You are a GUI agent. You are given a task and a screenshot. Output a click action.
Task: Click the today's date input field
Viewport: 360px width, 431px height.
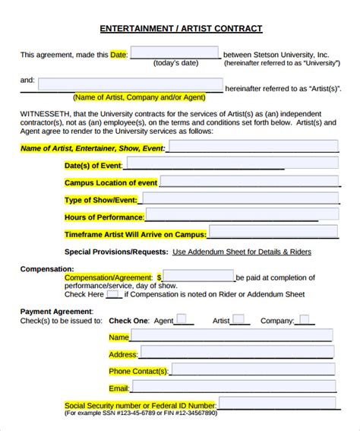tap(175, 54)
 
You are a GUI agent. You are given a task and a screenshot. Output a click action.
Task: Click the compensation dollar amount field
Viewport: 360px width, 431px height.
tap(198, 277)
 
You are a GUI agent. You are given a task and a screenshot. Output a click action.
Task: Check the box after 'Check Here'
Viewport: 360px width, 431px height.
tap(113, 294)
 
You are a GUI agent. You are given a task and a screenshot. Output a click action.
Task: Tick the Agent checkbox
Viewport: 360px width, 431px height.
tap(182, 320)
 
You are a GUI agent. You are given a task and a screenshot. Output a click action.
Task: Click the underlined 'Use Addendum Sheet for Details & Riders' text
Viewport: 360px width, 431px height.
tap(242, 252)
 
